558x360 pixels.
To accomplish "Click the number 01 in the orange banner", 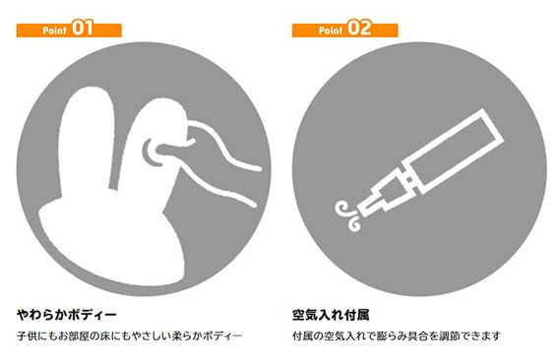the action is [x=83, y=28].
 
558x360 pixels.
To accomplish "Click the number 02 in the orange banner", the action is [x=358, y=28].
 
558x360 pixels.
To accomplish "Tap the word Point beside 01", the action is [x=54, y=30].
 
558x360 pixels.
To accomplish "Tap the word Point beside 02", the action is [x=331, y=30].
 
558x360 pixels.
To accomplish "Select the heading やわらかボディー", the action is [x=67, y=315].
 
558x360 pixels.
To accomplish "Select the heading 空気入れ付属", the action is [x=331, y=315].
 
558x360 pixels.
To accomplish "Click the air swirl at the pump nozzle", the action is [x=348, y=216].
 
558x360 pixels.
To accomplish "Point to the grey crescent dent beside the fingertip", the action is [x=151, y=153].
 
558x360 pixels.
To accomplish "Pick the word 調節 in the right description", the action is [x=449, y=335].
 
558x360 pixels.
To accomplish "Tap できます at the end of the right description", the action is [x=480, y=335].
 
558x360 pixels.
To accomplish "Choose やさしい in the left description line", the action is [x=152, y=335].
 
